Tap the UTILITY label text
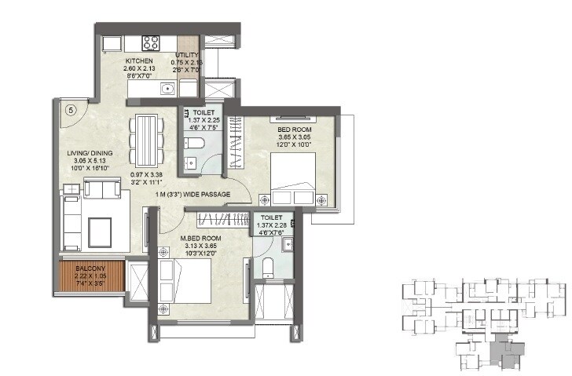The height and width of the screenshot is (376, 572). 187,56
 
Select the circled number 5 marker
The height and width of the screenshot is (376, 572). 70,111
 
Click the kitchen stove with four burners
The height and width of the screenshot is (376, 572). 149,42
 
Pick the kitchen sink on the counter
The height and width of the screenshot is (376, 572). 167,89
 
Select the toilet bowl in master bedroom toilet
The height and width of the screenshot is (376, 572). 268,267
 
